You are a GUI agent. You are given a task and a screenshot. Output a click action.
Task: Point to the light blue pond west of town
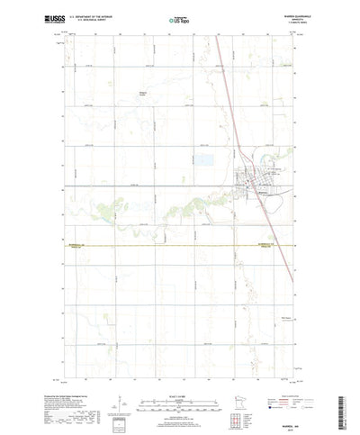(183, 160)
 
